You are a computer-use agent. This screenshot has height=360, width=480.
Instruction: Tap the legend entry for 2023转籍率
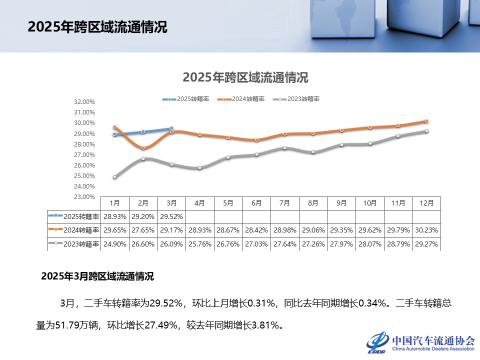(300, 99)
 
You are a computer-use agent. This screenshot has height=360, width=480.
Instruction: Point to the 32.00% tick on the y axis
(84, 102)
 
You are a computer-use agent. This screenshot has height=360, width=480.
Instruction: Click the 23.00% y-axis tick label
(84, 197)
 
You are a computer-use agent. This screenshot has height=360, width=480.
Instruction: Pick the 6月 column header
(256, 203)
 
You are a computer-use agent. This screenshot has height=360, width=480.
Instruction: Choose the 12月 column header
(426, 203)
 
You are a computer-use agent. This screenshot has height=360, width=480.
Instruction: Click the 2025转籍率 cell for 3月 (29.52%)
(171, 217)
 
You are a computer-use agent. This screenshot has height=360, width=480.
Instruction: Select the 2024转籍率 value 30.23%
(426, 230)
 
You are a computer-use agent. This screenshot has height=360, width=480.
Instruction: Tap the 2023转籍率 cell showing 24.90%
(114, 244)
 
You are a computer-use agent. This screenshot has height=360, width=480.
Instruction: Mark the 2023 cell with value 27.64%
(284, 244)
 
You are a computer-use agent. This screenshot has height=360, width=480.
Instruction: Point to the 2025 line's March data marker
(171, 128)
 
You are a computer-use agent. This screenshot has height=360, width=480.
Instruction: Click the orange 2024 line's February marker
(143, 148)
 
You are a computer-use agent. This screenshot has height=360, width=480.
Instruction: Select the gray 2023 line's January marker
(115, 177)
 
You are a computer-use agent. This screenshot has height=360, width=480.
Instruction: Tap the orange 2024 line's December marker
(426, 121)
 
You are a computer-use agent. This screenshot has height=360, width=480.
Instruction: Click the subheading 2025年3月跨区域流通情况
(97, 276)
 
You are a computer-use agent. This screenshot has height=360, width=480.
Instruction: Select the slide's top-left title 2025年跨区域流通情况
(97, 27)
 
